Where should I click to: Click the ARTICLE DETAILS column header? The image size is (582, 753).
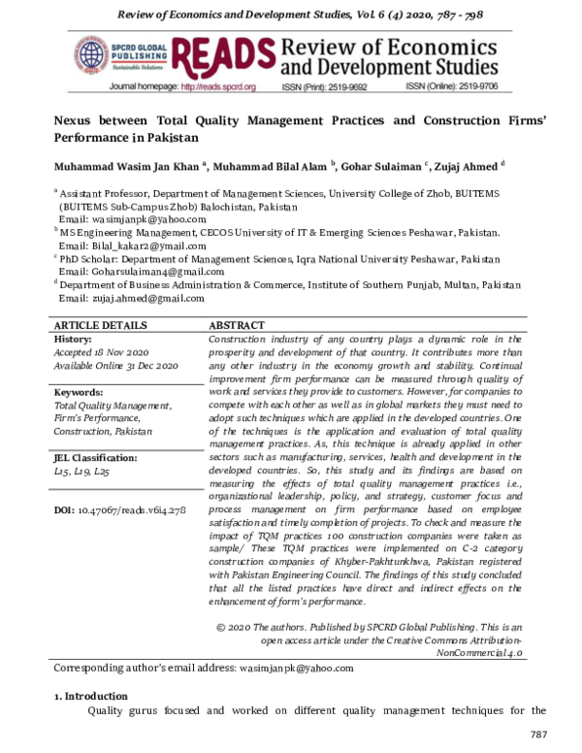pos(101,326)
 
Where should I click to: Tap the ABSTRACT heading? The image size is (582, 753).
pos(238,326)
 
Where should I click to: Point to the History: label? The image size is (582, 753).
pos(73,340)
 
